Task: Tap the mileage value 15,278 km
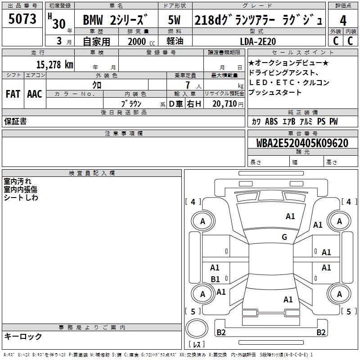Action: coord(54,64)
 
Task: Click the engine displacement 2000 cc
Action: coord(137,41)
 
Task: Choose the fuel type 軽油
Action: coord(174,41)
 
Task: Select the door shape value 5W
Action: coord(174,21)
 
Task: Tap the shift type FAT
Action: coord(13,94)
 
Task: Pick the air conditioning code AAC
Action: coord(35,94)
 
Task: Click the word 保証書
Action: coord(15,121)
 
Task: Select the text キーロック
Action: coord(23,336)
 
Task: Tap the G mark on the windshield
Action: coord(284,237)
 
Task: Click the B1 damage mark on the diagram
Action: coord(215,279)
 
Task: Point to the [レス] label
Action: coord(197,345)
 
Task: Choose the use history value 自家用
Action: coord(96,41)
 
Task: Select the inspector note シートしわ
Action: coord(21,198)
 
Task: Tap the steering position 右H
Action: coord(193,103)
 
